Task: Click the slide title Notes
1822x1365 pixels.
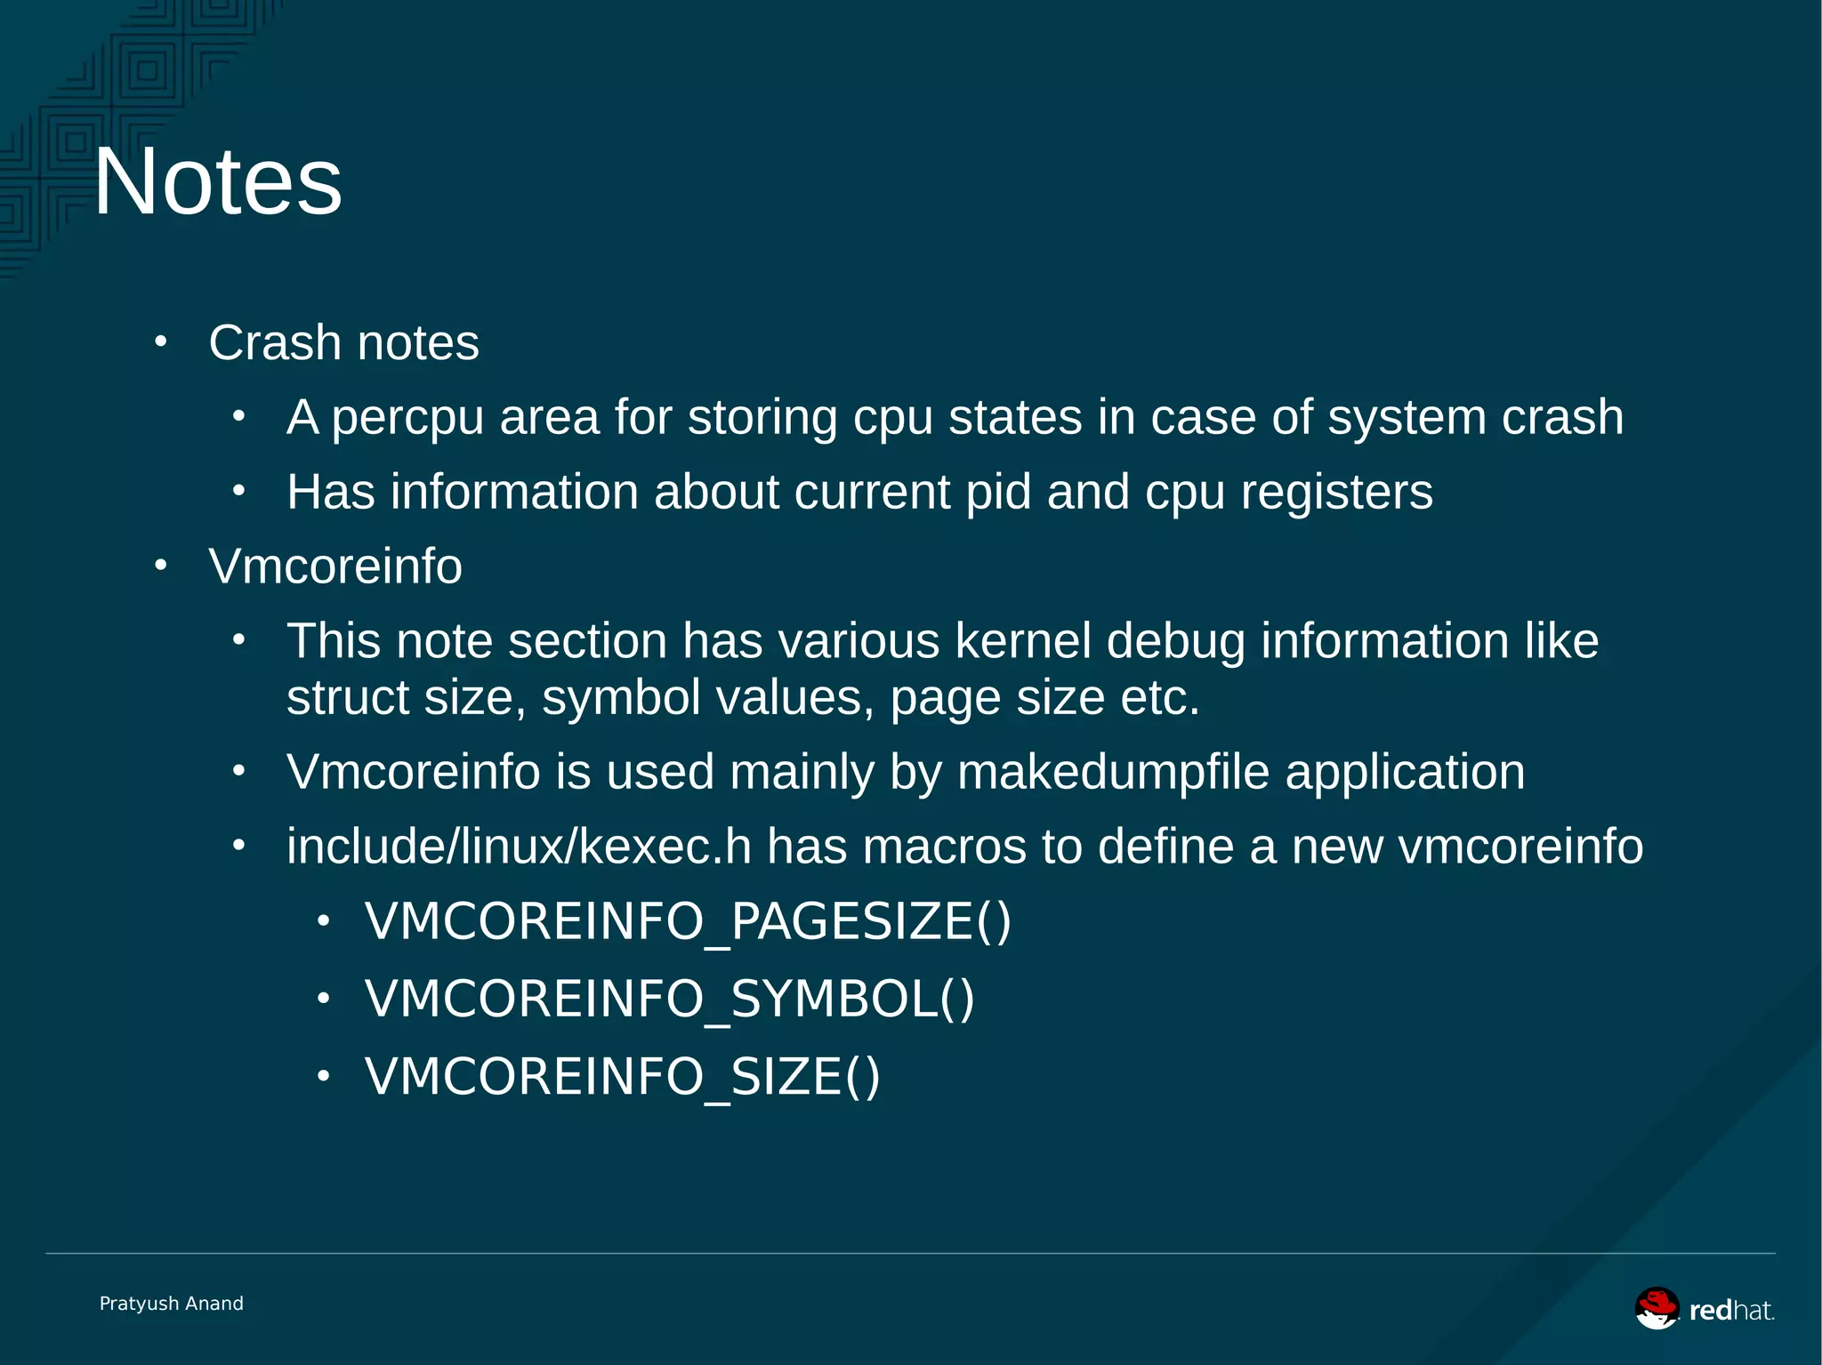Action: click(218, 182)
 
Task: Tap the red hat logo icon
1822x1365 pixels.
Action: click(1657, 1308)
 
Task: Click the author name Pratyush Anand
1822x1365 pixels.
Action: click(171, 1304)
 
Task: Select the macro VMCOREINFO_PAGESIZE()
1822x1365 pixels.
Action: click(688, 921)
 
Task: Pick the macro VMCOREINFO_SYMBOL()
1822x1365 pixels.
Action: click(669, 999)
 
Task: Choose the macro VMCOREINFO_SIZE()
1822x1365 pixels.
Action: click(622, 1077)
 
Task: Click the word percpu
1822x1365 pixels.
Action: click(407, 418)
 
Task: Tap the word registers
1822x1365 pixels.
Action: click(1336, 492)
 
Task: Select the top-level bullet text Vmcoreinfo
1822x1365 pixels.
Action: click(335, 566)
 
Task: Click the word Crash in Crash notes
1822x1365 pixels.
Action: click(275, 343)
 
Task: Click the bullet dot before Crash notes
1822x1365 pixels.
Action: click(160, 342)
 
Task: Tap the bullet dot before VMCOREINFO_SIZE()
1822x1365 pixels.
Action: click(324, 1077)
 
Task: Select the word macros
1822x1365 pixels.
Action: click(944, 847)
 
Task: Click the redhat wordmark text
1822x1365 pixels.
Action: click(1731, 1310)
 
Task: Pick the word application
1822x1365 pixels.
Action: click(1405, 772)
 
